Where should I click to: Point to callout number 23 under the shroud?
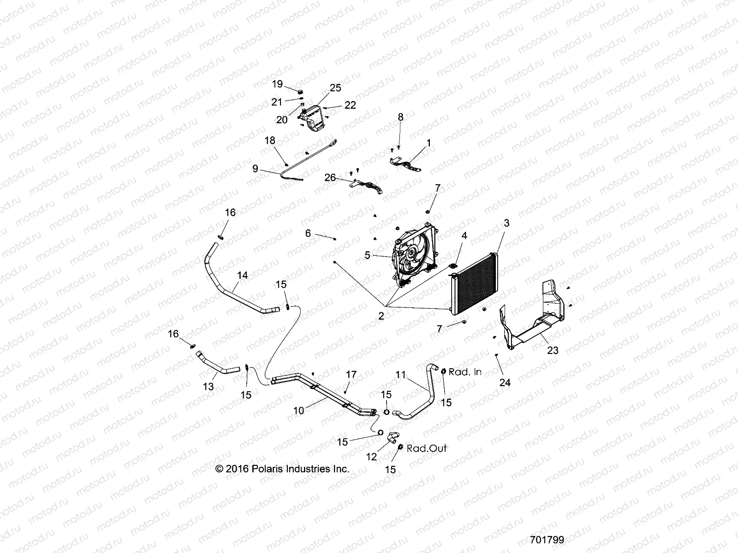point(553,350)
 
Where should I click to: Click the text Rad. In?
point(465,372)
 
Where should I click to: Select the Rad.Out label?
point(427,448)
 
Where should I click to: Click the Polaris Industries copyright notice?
point(282,469)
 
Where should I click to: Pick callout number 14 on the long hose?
point(243,276)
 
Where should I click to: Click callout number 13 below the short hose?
point(208,387)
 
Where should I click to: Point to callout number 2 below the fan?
point(381,316)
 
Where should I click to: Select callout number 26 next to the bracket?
point(330,177)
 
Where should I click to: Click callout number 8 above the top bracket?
point(400,117)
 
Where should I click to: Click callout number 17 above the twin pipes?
point(351,375)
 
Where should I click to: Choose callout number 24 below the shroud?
point(505,382)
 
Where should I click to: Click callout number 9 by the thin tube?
point(255,169)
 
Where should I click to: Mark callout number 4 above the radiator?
point(464,235)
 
